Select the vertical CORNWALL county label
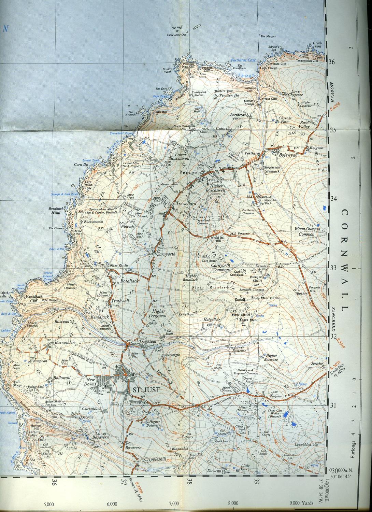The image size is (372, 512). tap(344, 260)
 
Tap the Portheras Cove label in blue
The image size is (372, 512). tap(243, 60)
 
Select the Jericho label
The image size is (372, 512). tap(316, 364)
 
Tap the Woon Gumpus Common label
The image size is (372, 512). tap(306, 231)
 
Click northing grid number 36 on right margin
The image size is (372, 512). tap(331, 62)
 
